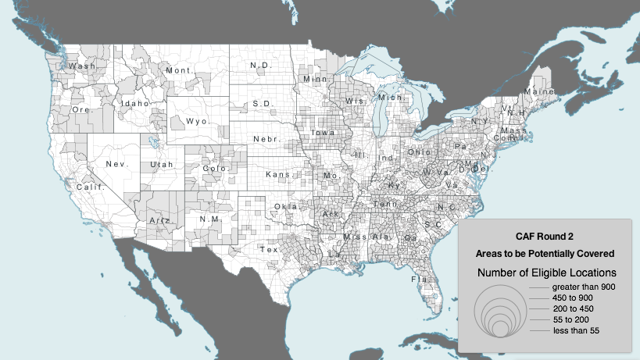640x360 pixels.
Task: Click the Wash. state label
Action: (82, 66)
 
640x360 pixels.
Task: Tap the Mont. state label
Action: (179, 70)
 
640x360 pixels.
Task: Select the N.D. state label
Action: (259, 65)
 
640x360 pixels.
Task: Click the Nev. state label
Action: (117, 164)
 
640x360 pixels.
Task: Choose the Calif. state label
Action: (89, 187)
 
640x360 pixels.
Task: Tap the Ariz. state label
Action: (161, 221)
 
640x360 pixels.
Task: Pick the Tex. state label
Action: (270, 250)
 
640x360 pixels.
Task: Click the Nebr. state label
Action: (266, 139)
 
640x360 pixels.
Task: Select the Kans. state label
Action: (279, 174)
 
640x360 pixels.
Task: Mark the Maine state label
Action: (540, 91)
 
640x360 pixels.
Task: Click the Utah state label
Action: (162, 165)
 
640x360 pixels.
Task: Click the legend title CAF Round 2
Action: (545, 236)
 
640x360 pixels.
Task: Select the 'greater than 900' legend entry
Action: (585, 287)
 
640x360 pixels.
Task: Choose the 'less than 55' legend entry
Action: (576, 331)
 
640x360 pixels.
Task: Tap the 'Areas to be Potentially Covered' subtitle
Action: (545, 254)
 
